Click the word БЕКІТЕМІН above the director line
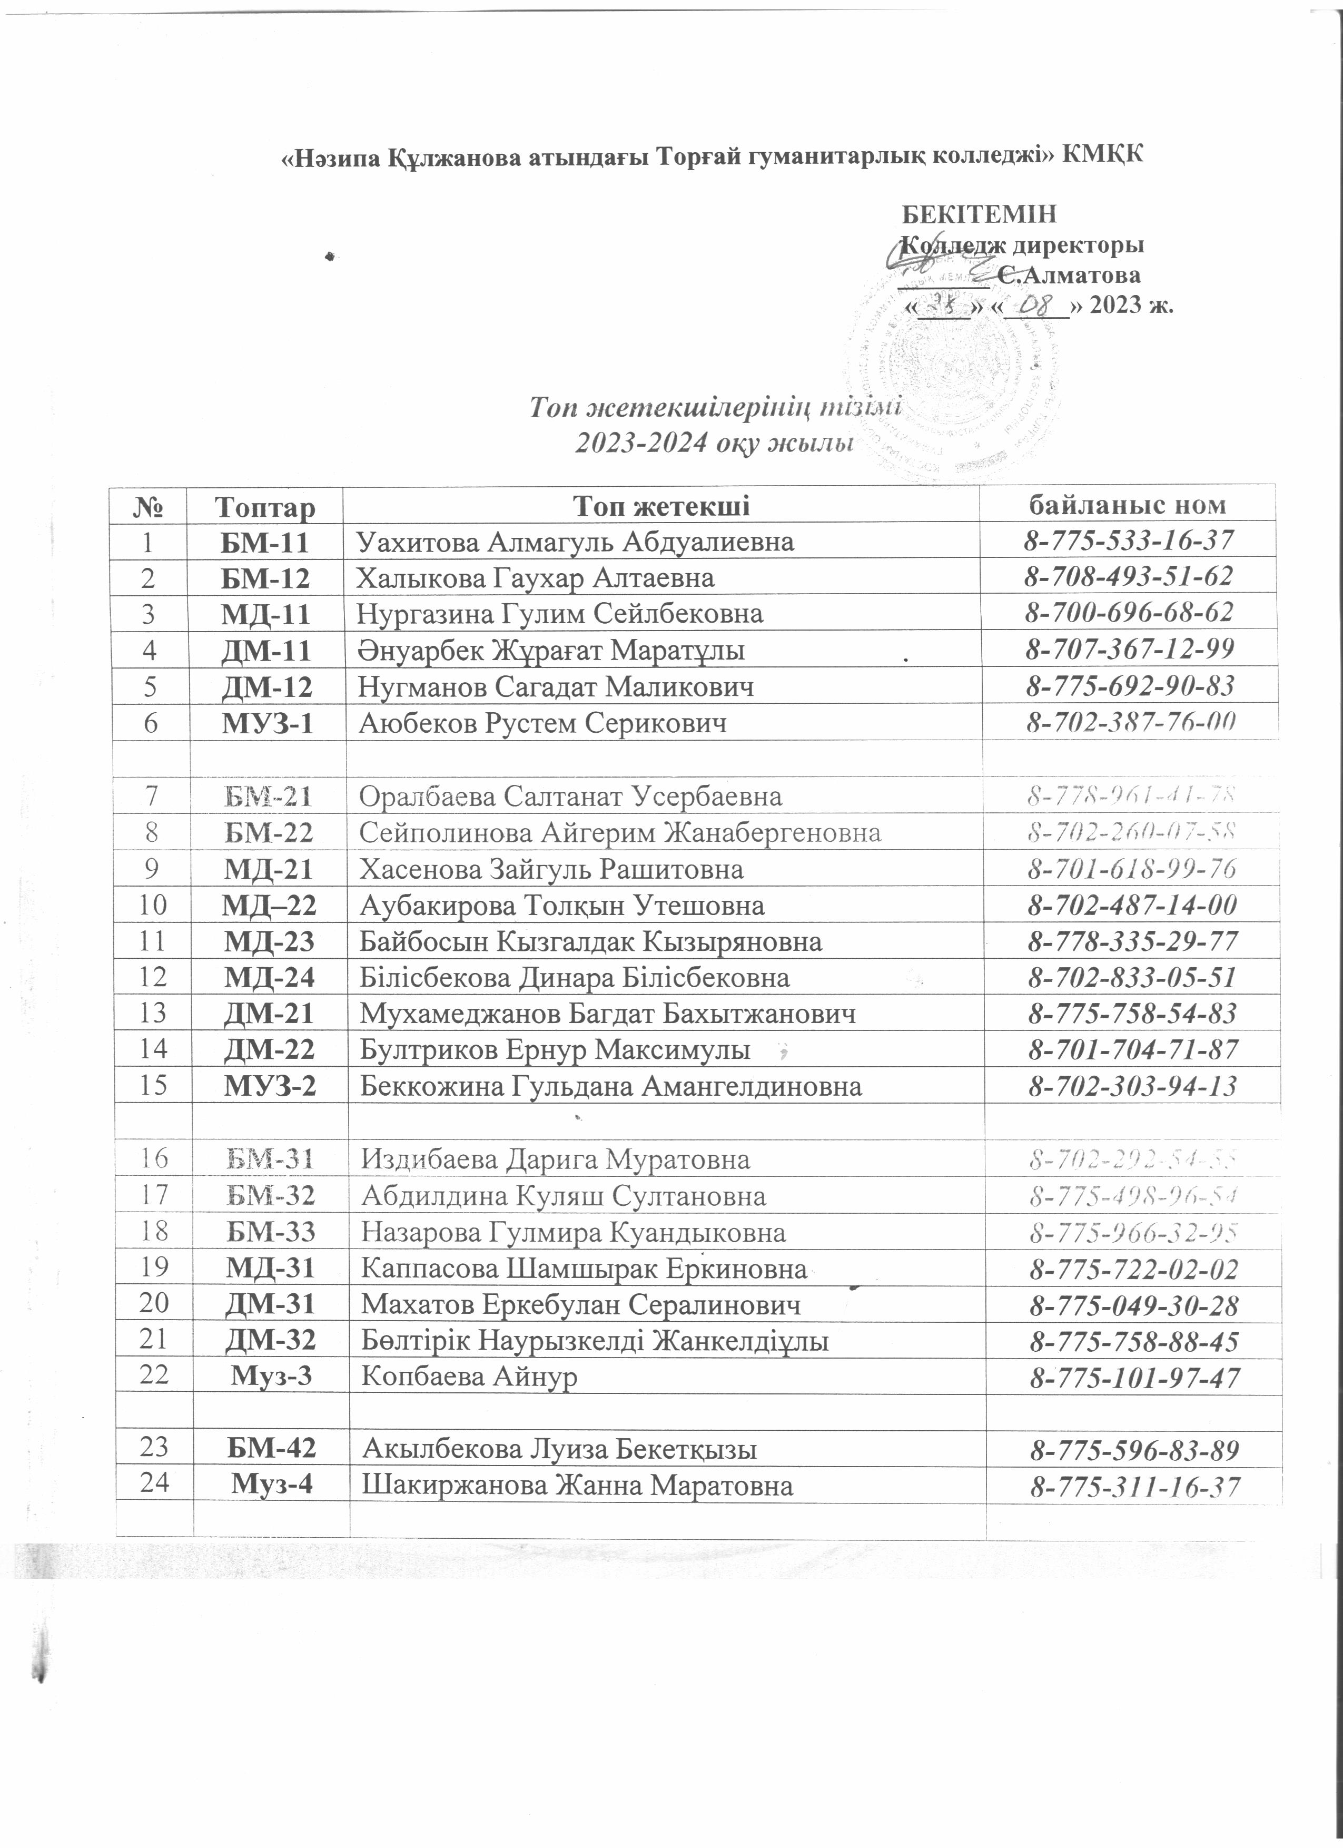[981, 214]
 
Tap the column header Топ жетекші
[661, 506]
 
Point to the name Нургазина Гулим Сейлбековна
[560, 614]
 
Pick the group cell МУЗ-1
[267, 723]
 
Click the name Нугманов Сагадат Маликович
[556, 687]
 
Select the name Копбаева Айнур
[469, 1377]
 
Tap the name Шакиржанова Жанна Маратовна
[577, 1486]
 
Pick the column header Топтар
[265, 507]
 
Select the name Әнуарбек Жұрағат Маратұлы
[551, 650]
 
